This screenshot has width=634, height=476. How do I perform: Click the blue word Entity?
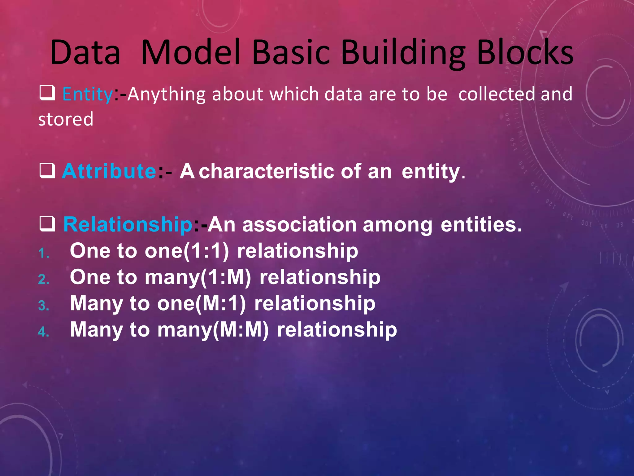tap(88, 94)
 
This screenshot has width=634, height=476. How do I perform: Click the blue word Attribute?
tap(109, 171)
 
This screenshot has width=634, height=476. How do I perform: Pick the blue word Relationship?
tap(128, 224)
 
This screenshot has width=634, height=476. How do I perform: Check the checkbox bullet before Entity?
tap(47, 93)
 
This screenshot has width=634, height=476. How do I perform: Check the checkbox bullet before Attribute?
tap(47, 171)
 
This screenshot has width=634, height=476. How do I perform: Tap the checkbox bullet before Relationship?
tap(47, 224)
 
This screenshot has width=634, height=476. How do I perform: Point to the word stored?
tap(66, 119)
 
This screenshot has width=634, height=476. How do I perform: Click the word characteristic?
tap(266, 171)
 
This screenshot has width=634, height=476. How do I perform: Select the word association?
tap(299, 224)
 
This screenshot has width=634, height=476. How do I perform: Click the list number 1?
tap(44, 253)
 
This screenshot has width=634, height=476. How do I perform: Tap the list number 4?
tap(44, 332)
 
